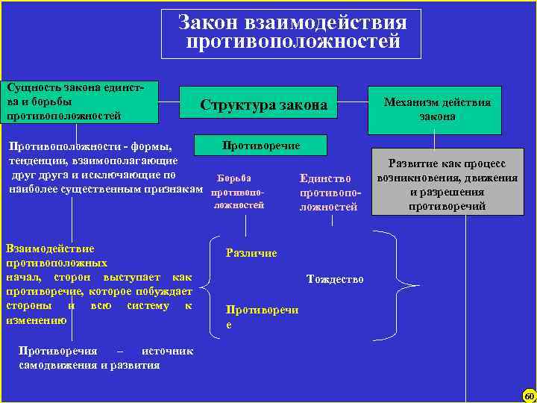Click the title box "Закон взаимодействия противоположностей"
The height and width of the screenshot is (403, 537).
pyautogui.click(x=292, y=33)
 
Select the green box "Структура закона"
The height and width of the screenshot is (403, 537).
pyautogui.click(x=263, y=105)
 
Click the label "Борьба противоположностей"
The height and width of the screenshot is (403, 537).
pyautogui.click(x=238, y=192)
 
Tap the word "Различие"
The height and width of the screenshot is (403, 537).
pyautogui.click(x=251, y=253)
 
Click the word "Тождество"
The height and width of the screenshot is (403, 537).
pyautogui.click(x=336, y=279)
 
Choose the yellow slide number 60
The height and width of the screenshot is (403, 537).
pyautogui.click(x=529, y=395)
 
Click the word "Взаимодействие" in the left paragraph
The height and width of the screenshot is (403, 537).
pyautogui.click(x=49, y=249)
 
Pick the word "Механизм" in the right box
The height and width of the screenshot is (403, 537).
pyautogui.click(x=409, y=102)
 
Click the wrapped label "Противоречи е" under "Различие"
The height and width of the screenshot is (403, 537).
pyautogui.click(x=261, y=318)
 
